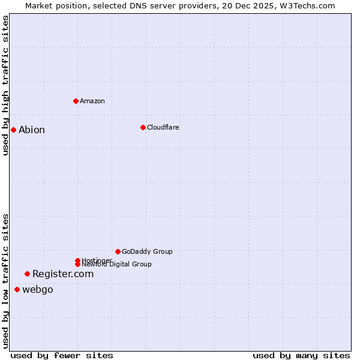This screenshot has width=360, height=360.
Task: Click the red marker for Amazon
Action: point(76,101)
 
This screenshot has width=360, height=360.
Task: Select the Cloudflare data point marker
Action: point(143,127)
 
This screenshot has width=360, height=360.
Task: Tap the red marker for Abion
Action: point(13,130)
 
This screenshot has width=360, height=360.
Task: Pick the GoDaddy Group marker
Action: point(118,251)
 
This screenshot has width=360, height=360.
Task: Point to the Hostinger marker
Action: point(77,260)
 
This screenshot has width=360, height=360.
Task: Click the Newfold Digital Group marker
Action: point(77,264)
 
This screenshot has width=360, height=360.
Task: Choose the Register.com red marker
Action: point(27,274)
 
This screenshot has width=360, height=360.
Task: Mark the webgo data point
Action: point(17,290)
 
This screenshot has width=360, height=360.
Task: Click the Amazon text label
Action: point(92,101)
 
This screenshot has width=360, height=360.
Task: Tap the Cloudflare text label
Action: point(163,127)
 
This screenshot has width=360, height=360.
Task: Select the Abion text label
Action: point(32,130)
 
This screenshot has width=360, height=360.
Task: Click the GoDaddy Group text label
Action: point(147,251)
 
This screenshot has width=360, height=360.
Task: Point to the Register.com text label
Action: point(63,274)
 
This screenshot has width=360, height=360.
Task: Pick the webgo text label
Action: point(38,290)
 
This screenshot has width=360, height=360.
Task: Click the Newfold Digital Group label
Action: point(117,265)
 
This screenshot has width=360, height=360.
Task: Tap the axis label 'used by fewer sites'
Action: point(62,355)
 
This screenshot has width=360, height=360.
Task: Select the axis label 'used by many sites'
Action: point(301,355)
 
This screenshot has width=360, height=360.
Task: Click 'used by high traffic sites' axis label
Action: point(5,85)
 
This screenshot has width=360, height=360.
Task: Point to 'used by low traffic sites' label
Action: point(5,281)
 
